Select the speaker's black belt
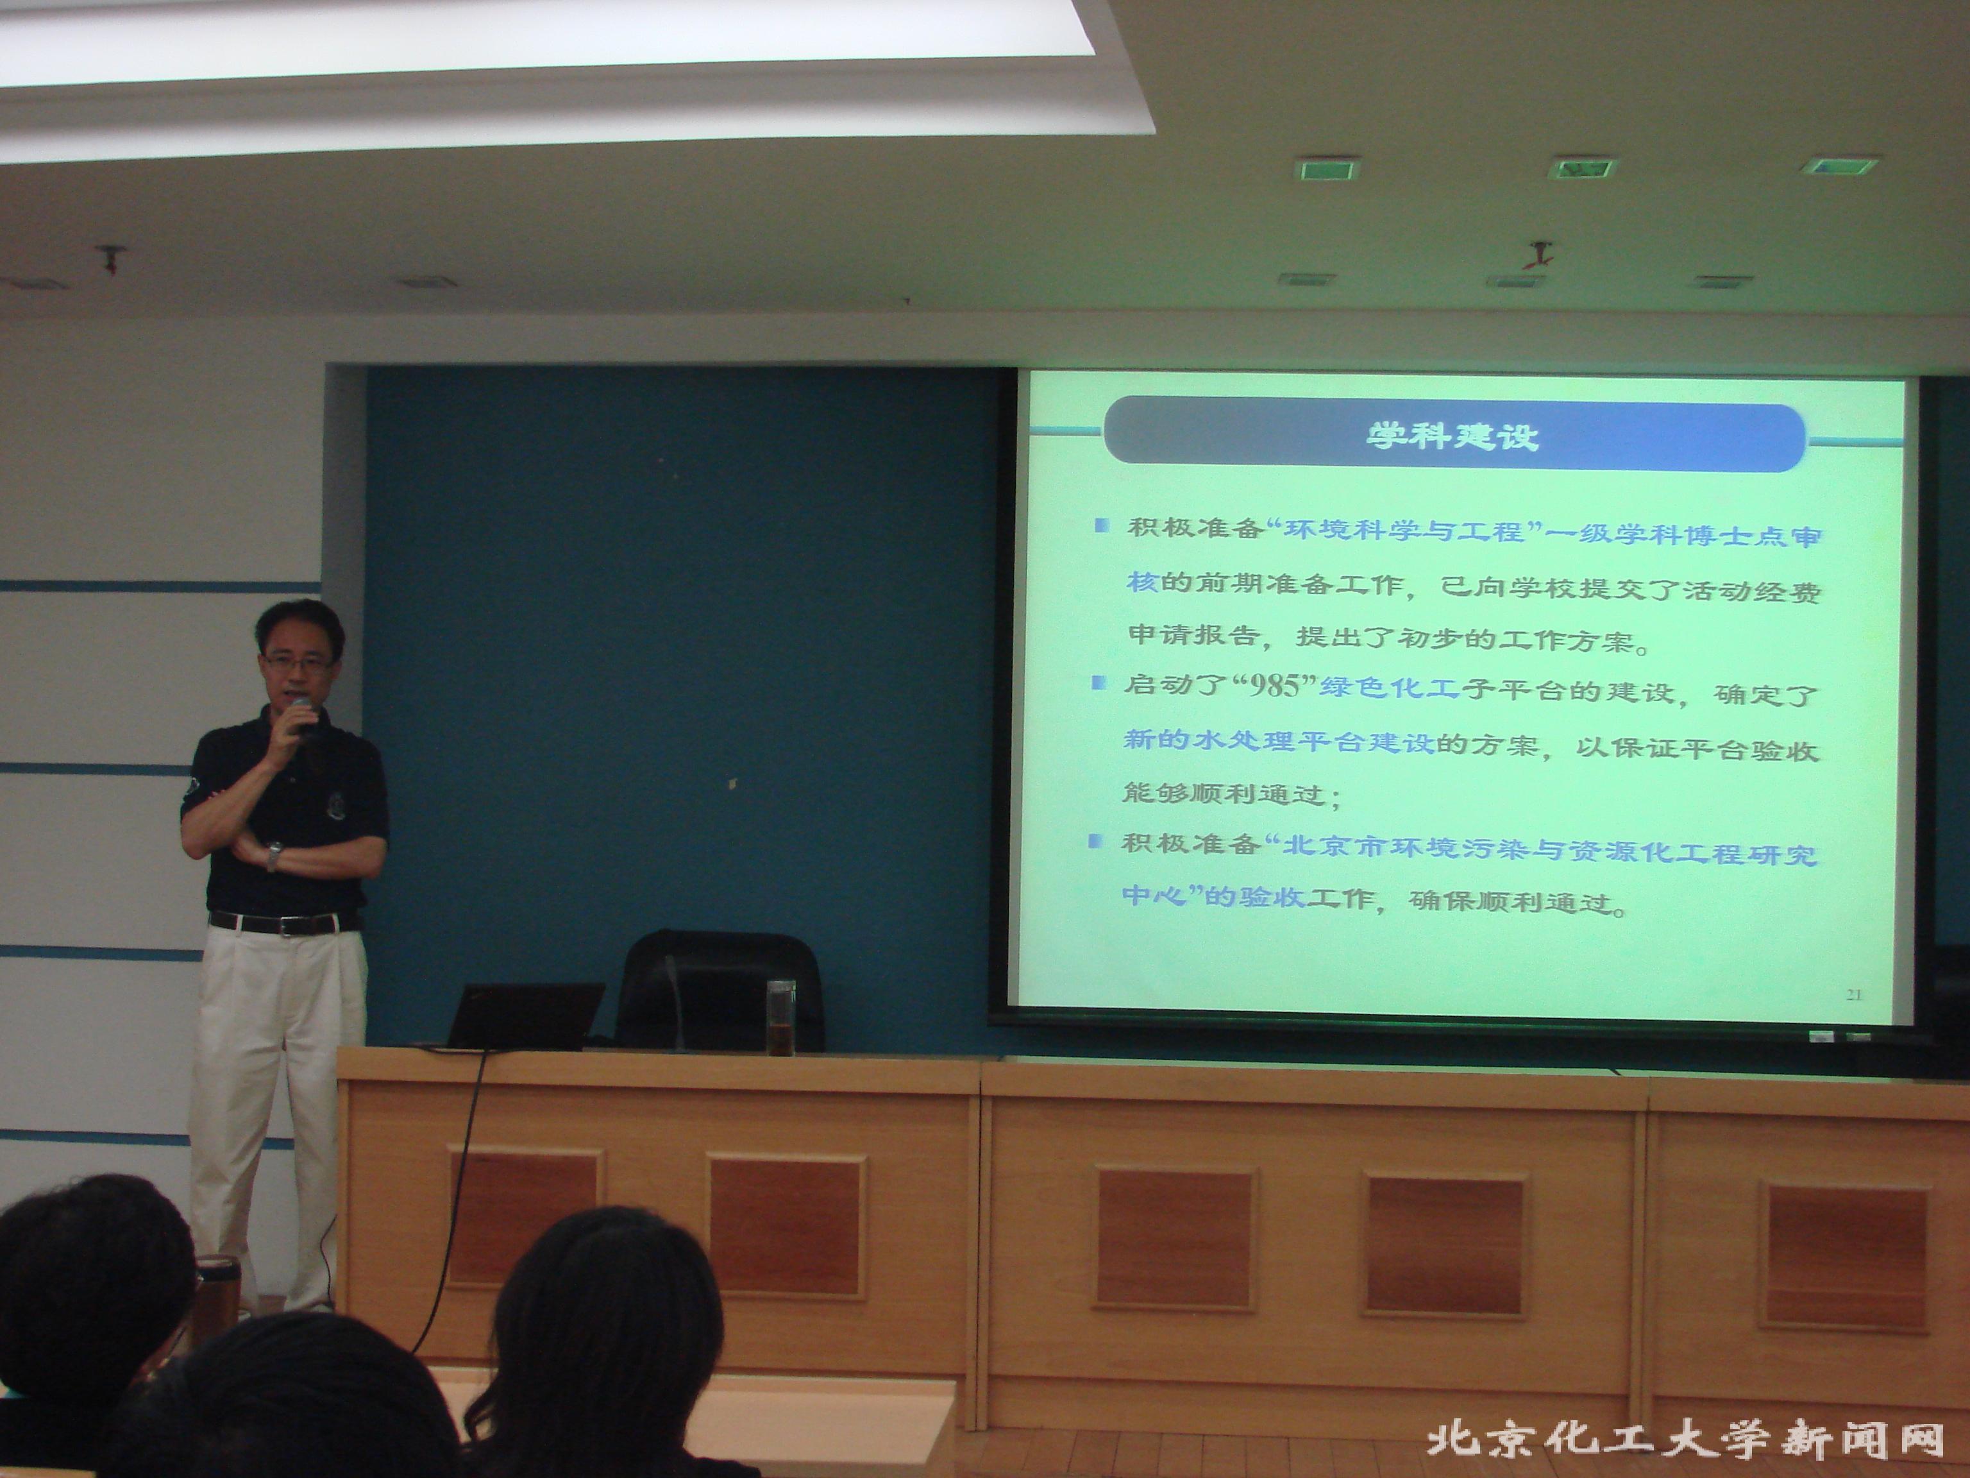(x=283, y=923)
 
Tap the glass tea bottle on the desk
(x=780, y=1017)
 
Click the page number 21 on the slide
(x=1854, y=994)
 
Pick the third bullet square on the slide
(x=1095, y=840)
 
